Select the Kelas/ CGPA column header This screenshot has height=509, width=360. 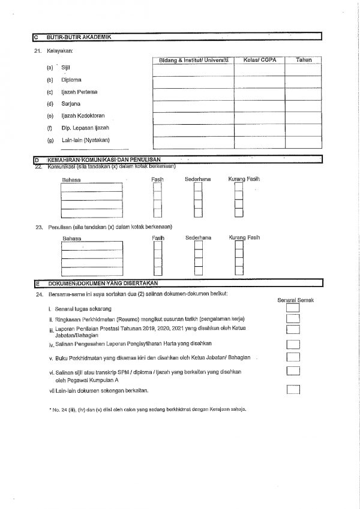[259, 60]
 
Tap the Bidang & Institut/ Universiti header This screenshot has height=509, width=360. [193, 60]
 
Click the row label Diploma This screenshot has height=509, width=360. [71, 80]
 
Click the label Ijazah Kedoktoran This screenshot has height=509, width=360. [79, 116]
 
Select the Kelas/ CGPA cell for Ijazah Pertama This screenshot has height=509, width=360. [259, 94]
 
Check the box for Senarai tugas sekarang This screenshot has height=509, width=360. [293, 308]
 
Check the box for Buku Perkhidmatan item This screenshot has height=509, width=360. [293, 357]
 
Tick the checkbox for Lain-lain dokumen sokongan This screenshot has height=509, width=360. [293, 390]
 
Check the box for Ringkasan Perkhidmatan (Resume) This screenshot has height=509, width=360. [293, 318]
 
